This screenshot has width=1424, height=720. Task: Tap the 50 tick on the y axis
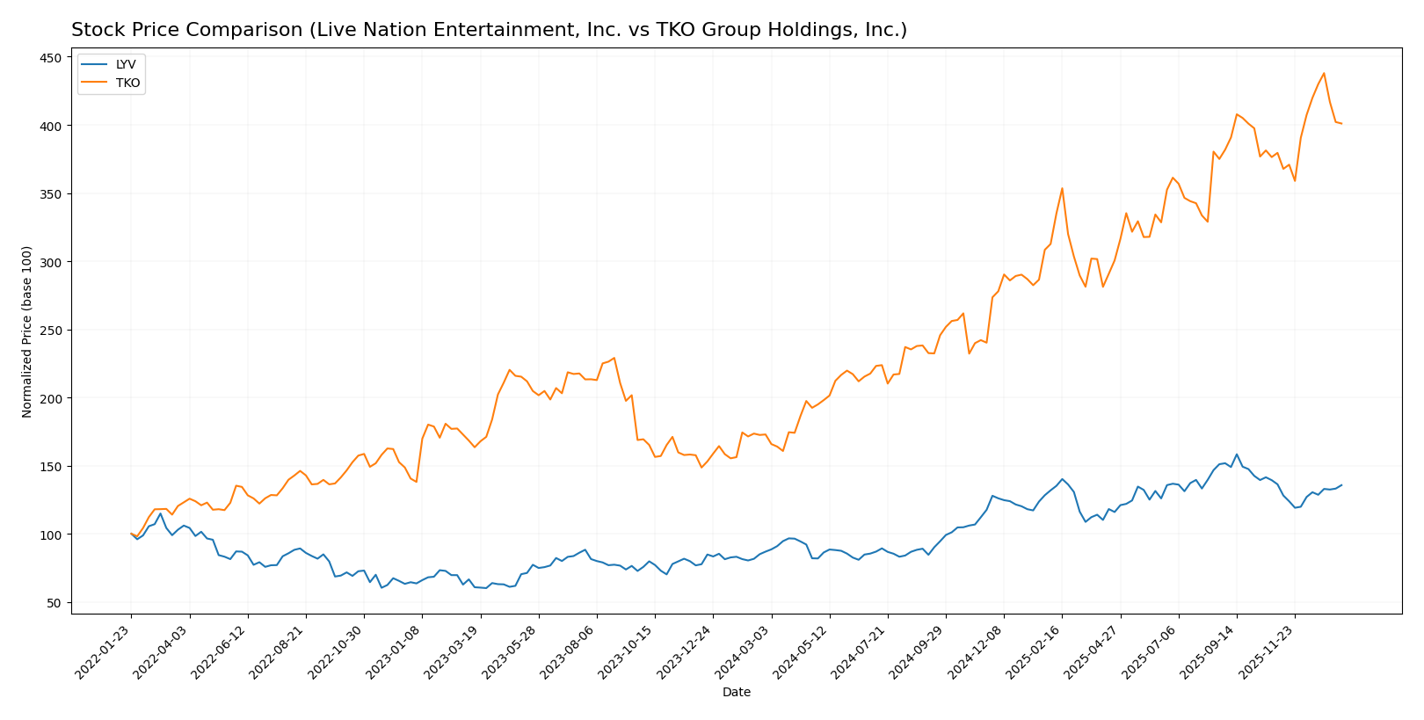coord(54,603)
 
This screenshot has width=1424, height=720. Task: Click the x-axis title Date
coord(736,693)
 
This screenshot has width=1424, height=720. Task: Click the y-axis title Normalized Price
coord(27,331)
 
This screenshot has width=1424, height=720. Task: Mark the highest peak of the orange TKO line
coord(1324,73)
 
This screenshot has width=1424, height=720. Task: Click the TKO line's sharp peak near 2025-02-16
coord(1062,188)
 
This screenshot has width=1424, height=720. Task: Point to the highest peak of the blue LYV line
coord(1236,455)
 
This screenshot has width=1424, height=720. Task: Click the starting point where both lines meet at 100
coord(131,534)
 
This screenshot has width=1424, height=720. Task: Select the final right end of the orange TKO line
coord(1341,124)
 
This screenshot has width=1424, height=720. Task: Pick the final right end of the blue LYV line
coord(1341,485)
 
